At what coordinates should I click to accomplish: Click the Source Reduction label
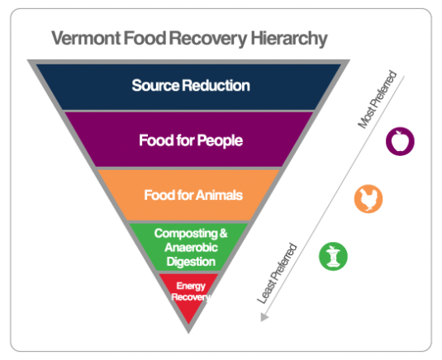(x=190, y=85)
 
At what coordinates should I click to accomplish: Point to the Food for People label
(x=190, y=140)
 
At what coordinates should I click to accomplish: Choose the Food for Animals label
(x=192, y=196)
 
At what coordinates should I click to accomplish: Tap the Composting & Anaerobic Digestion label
(x=185, y=247)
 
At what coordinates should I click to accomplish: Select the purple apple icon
(x=400, y=141)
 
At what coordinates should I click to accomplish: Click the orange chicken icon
(x=368, y=199)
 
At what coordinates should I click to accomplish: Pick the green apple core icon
(x=333, y=256)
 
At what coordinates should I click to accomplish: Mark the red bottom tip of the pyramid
(x=188, y=318)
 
